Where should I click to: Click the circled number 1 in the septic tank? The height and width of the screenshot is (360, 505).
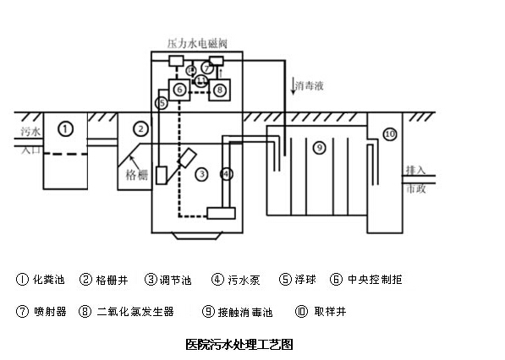[x=66, y=129]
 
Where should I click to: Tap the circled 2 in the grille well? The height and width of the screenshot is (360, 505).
[x=140, y=129]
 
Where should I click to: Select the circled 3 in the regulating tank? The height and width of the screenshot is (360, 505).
[x=202, y=174]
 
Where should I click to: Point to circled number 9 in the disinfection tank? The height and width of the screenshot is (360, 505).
[x=320, y=148]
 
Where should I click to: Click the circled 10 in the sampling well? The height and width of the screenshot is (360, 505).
[x=390, y=134]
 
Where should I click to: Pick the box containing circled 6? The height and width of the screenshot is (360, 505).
[x=179, y=90]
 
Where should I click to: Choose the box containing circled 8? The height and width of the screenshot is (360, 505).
[x=220, y=90]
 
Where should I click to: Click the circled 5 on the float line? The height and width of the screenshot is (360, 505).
[x=162, y=103]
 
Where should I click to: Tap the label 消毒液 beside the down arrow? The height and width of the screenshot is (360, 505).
[x=310, y=86]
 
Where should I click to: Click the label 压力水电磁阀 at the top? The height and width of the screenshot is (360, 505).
[x=197, y=43]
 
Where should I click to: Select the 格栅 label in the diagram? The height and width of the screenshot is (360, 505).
[x=137, y=175]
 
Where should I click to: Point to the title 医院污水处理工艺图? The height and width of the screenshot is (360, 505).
[x=239, y=344]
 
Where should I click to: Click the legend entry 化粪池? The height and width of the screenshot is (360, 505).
[x=48, y=279]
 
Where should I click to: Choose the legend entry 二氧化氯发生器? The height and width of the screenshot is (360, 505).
[x=135, y=312]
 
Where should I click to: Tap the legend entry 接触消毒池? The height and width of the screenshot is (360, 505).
[x=245, y=312]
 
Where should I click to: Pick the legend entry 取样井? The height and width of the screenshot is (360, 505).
[x=330, y=312]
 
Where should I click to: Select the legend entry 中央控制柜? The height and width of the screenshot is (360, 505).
[x=375, y=279]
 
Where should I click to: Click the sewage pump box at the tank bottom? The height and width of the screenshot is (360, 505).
[x=221, y=213]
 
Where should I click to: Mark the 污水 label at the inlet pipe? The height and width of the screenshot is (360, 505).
[x=30, y=131]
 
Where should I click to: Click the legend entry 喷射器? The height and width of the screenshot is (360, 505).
[x=50, y=312]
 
